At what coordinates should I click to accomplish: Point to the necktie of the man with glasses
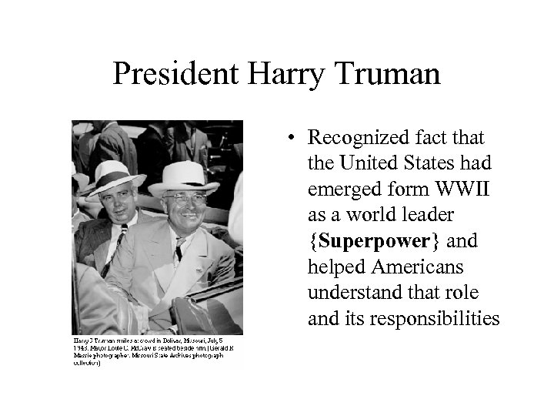179,248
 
